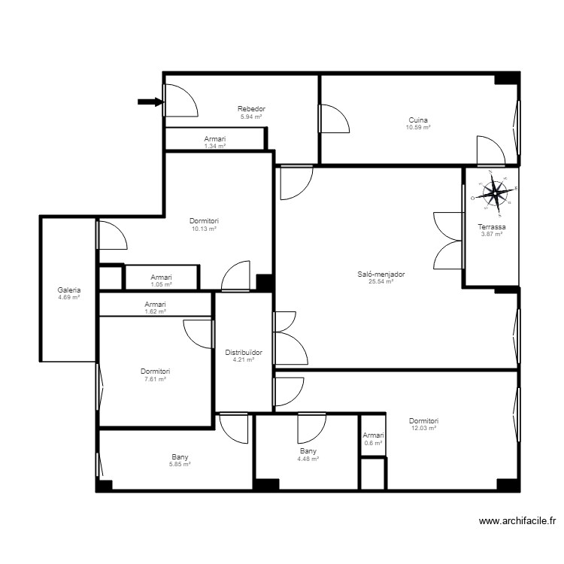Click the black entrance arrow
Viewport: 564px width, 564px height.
click(x=150, y=102)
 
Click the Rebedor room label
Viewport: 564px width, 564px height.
click(x=251, y=109)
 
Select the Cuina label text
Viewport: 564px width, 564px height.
click(x=419, y=120)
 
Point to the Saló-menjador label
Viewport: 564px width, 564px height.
click(x=381, y=274)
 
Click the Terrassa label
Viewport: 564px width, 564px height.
click(x=492, y=227)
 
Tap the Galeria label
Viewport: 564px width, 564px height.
click(x=68, y=290)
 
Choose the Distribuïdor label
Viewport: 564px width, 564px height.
click(x=244, y=352)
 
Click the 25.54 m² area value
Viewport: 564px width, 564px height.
click(x=381, y=282)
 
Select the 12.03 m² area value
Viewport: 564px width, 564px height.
click(x=423, y=428)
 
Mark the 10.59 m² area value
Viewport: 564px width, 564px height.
click(x=419, y=128)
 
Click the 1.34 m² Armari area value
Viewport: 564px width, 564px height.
click(x=214, y=146)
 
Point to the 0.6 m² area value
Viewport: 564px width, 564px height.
click(x=373, y=443)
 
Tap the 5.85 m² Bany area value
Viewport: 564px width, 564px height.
click(x=180, y=464)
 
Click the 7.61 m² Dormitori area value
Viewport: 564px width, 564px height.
click(x=155, y=379)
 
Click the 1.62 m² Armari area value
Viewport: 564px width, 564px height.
click(x=155, y=311)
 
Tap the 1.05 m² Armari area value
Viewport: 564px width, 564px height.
click(x=162, y=284)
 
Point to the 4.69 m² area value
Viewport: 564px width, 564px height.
click(x=68, y=298)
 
